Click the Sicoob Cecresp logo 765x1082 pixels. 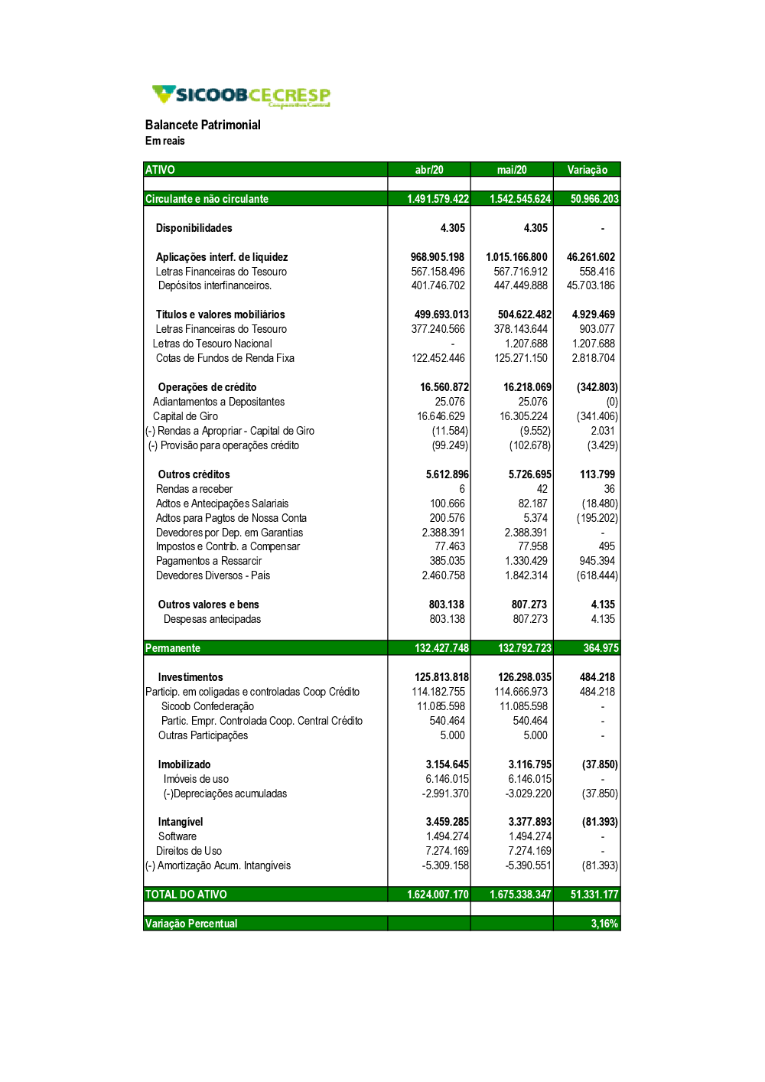tap(241, 96)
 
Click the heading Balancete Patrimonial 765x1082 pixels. tap(203, 125)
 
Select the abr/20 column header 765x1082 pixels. tap(429, 170)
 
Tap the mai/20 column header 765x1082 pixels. tap(512, 170)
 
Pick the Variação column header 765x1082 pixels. tap(587, 170)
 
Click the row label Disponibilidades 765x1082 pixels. tap(194, 228)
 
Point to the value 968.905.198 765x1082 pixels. tap(437, 257)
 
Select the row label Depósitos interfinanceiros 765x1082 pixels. tap(215, 285)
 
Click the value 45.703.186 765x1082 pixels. tap(591, 285)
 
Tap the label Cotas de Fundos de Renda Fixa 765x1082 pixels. tap(225, 358)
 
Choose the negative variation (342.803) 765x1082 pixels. tap(597, 387)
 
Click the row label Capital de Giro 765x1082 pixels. tap(185, 416)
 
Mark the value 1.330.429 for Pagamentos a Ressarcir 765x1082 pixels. tap(526, 561)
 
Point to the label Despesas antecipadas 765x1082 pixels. tap(212, 619)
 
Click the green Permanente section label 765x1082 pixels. tap(173, 648)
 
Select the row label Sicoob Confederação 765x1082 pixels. tap(207, 706)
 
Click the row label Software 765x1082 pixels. tap(177, 836)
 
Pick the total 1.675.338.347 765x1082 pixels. tap(520, 895)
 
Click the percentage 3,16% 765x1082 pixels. tap(604, 924)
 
